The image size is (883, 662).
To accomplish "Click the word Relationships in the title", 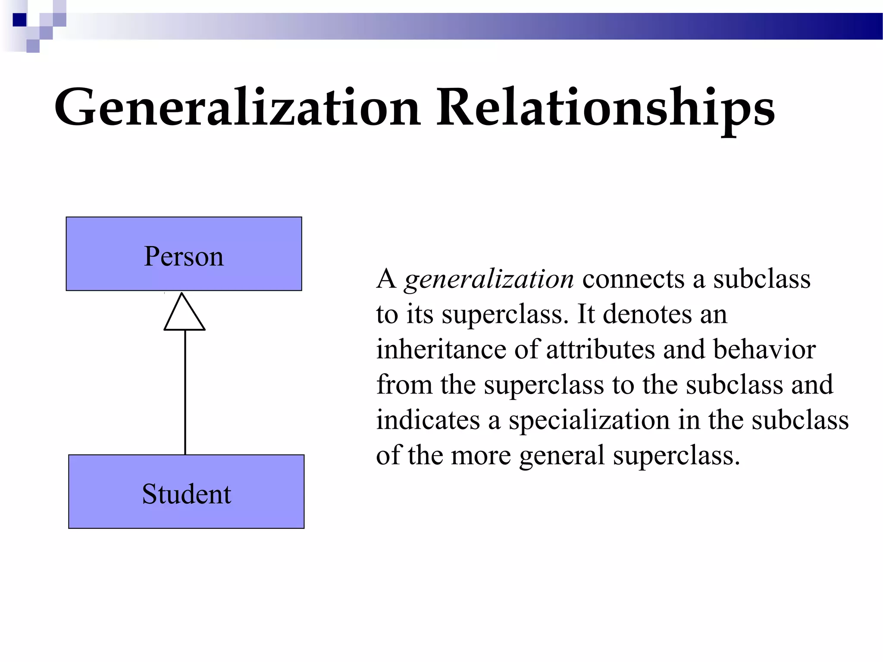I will point(605,108).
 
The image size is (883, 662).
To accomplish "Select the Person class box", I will point(184,254).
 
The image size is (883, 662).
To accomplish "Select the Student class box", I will point(186,492).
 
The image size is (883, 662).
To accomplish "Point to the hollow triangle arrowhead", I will point(184,314).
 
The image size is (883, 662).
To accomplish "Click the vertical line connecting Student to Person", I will point(185,392).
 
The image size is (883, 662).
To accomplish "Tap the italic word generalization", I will point(489,279).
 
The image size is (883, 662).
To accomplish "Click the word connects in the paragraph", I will point(633,279).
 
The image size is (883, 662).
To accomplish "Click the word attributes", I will point(601,349).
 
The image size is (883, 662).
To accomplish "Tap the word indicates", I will point(428,420).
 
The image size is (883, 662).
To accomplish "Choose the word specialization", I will point(589,421).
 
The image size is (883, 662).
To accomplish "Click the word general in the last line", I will point(562,456).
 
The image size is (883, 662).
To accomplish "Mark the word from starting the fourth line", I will point(404,384).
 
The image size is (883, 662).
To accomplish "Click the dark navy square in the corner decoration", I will point(19,20).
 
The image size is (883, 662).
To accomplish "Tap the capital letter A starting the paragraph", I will point(386,279).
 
